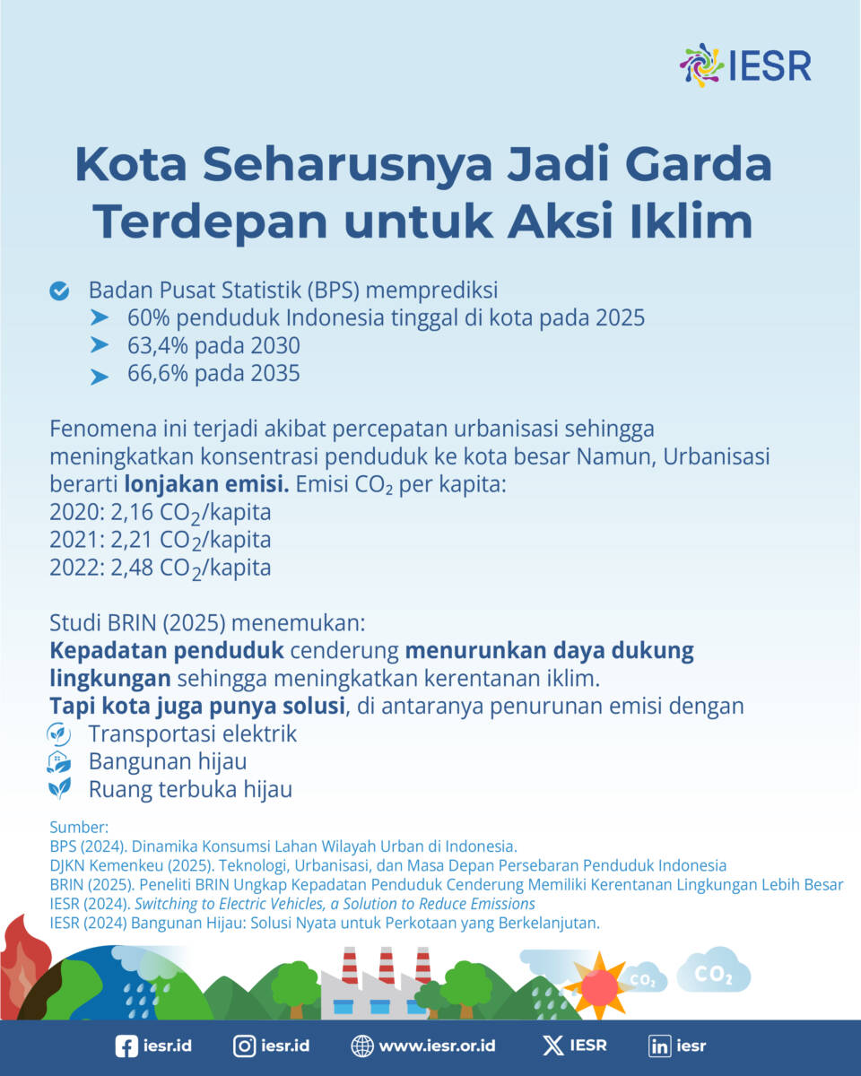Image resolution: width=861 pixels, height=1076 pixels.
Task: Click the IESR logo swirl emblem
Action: pos(701,65)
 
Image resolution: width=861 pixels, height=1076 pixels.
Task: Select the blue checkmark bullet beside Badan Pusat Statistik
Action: pos(59,291)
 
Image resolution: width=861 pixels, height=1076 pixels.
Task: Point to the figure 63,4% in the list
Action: pos(157,345)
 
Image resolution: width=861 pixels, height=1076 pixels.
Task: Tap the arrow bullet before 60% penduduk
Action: pos(100,317)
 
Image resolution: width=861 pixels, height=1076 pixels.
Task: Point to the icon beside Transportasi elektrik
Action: pos(59,733)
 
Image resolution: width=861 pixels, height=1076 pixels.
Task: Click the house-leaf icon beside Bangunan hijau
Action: pos(59,761)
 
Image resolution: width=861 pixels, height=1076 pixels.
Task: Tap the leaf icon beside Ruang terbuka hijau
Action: pos(59,788)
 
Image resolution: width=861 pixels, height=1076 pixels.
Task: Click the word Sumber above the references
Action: pos(79,827)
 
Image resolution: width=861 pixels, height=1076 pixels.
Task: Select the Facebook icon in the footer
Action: pos(126,1046)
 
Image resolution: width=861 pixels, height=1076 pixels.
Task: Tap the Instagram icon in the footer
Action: pos(244,1046)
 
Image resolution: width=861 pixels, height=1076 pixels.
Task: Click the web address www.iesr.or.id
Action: pos(437,1046)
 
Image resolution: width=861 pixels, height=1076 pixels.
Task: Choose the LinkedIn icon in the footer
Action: pos(660,1046)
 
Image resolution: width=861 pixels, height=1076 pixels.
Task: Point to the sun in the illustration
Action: pos(599,986)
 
